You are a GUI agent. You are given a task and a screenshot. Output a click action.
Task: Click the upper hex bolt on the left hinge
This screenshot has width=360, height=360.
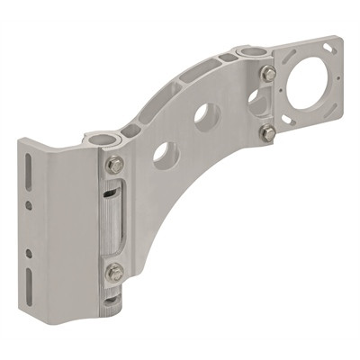pyautogui.click(x=114, y=165)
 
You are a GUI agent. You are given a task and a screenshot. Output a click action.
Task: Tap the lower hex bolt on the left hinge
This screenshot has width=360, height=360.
pyautogui.click(x=114, y=272)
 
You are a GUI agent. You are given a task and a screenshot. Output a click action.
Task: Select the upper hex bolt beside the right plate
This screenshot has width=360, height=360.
pyautogui.click(x=267, y=74)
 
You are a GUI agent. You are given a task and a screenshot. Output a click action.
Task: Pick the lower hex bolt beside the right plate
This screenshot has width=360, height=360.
pyautogui.click(x=267, y=133)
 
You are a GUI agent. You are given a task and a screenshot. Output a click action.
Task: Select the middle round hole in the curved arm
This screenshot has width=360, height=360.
pyautogui.click(x=207, y=115)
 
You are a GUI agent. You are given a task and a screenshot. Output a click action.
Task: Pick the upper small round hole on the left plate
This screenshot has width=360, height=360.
pyautogui.click(x=29, y=205)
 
